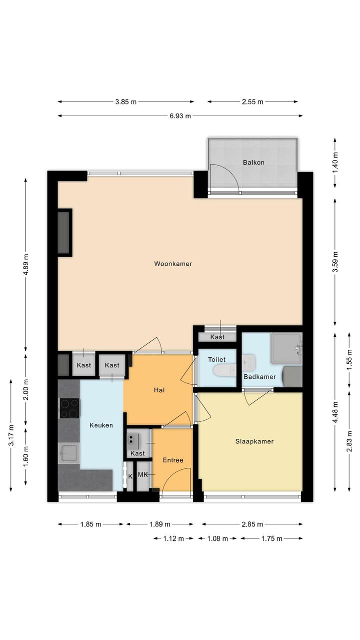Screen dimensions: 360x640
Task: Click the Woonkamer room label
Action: (x=172, y=263)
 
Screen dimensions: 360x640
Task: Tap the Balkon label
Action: (x=253, y=162)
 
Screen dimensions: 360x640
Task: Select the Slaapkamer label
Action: (x=254, y=441)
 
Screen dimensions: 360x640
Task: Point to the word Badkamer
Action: (x=259, y=377)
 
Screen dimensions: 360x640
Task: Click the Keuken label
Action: (x=101, y=425)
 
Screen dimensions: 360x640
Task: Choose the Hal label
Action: (x=159, y=390)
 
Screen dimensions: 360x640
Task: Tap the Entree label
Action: (x=172, y=460)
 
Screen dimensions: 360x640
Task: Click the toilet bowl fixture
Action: (x=224, y=371)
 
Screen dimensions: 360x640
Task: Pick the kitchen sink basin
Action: (x=68, y=453)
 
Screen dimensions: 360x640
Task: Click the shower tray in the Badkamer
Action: (x=286, y=349)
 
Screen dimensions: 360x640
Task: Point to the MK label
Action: (x=142, y=474)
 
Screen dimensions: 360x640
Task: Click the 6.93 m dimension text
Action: (x=180, y=116)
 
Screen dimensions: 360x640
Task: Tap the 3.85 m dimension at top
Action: (x=126, y=102)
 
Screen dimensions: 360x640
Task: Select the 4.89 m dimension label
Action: (x=26, y=264)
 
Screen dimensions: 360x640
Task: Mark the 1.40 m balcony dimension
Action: (x=335, y=163)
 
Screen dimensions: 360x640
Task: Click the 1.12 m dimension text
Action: (x=173, y=538)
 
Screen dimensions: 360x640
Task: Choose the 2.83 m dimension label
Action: (x=349, y=441)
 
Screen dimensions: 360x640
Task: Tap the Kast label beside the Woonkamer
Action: (x=217, y=337)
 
